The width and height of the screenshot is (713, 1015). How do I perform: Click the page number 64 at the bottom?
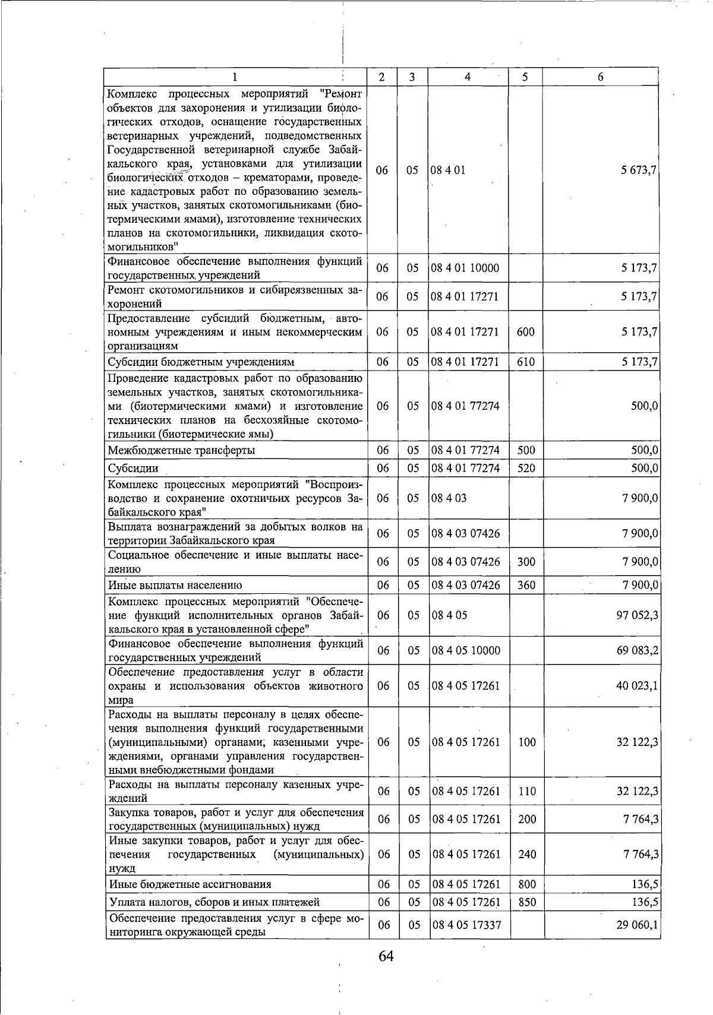point(386,957)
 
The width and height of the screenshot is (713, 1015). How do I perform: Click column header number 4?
point(468,77)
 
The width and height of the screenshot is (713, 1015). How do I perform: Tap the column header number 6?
point(601,77)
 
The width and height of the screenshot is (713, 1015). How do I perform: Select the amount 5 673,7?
point(639,170)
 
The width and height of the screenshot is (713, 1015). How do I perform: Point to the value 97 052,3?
point(637,615)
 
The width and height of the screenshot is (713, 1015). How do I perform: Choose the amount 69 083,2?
point(637,650)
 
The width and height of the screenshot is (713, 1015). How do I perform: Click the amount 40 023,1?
point(637,685)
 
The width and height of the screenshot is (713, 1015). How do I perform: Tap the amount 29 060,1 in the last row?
point(637,925)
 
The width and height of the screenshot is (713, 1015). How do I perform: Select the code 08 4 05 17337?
point(466,925)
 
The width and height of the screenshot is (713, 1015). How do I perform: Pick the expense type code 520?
point(526,468)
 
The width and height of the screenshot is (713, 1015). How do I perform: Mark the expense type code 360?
point(526,585)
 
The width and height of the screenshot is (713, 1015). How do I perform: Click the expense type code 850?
point(527,902)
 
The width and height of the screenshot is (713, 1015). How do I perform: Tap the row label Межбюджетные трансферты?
point(181,450)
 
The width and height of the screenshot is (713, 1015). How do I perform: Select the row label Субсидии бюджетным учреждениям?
point(201,362)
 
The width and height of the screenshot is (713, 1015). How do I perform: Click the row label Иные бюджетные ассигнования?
point(190,884)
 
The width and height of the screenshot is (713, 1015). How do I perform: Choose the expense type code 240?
point(527,854)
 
